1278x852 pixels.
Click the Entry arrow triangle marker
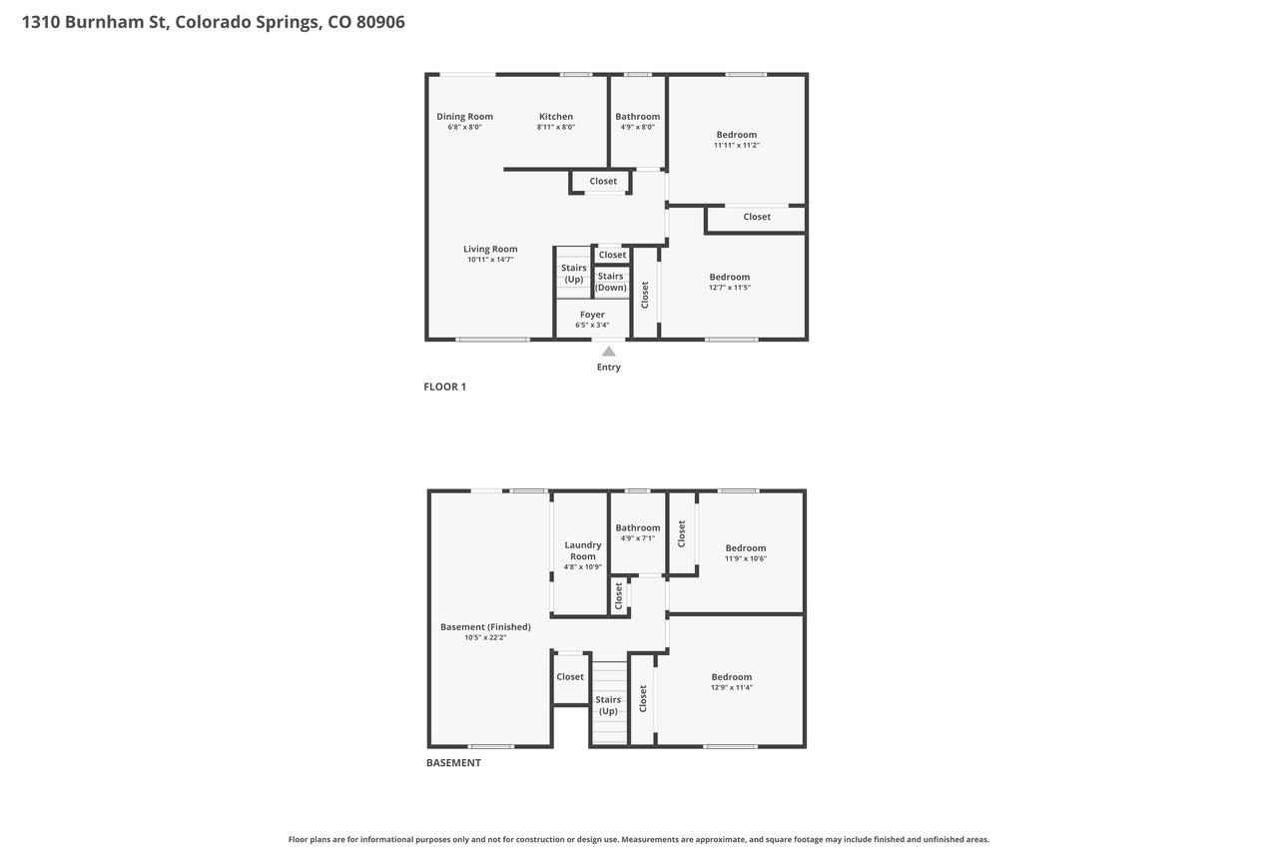pos(609,352)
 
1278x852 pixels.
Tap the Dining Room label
pos(464,117)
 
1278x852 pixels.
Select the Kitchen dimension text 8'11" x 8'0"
pos(556,127)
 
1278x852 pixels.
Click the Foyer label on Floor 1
pos(592,315)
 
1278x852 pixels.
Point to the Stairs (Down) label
pos(610,282)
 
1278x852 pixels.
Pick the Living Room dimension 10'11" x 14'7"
pos(490,260)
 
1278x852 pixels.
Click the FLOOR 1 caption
pos(445,387)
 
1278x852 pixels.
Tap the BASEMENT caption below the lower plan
pos(453,763)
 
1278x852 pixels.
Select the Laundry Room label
pos(582,550)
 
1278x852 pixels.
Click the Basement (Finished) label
pos(485,627)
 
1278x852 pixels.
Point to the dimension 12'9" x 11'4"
pos(732,687)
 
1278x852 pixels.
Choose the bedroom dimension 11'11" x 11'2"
pos(737,146)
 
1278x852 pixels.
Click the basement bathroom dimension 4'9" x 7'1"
pos(638,538)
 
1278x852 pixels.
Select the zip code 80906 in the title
pos(380,22)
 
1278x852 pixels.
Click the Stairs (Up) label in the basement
pos(608,705)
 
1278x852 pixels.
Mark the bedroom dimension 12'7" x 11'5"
pos(730,288)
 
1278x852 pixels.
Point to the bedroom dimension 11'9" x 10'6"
pos(746,558)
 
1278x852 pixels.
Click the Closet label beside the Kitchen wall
pos(603,181)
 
